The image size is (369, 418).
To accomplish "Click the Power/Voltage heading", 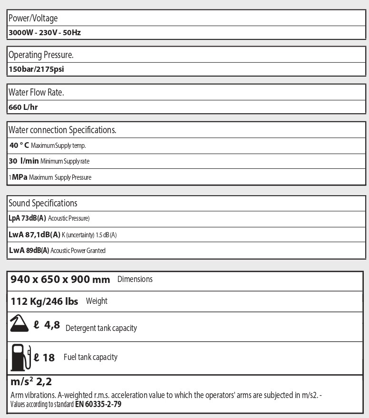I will [33, 18].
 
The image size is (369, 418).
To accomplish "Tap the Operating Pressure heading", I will [41, 55].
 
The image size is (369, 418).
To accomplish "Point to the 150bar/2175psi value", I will [36, 69].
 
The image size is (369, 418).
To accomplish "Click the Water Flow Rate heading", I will [36, 92].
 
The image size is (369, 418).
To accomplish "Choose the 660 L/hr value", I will [23, 107].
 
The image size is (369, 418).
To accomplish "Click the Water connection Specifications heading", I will [62, 130].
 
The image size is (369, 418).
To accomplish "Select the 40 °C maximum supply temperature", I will [22, 145].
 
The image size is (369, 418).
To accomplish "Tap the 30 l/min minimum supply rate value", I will [24, 161].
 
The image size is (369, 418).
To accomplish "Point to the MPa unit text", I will [19, 177].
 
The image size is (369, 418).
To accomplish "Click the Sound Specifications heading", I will [43, 203].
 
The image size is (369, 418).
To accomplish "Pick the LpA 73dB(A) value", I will [28, 218].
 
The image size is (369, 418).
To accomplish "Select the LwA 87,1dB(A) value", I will [35, 234].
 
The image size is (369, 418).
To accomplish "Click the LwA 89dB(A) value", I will [29, 250].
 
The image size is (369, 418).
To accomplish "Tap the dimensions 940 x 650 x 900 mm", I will [60, 280].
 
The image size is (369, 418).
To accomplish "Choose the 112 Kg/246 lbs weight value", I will [44, 301].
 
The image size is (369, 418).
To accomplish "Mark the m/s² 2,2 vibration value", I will [31, 381].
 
